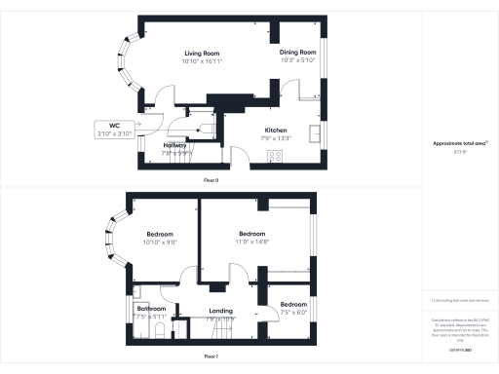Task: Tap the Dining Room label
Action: (x=298, y=52)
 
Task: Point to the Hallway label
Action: (x=176, y=145)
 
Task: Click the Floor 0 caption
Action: (x=211, y=180)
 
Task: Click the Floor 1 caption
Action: (x=211, y=357)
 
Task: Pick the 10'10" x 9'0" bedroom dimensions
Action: (x=160, y=242)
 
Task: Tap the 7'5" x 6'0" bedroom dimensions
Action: (x=293, y=312)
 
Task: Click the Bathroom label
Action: (x=153, y=310)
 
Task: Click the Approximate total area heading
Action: (x=459, y=144)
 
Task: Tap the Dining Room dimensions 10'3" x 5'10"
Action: (x=298, y=60)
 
